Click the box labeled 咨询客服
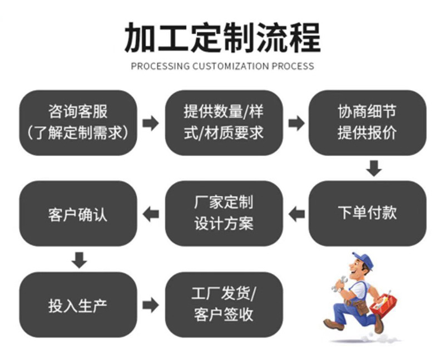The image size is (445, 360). (x=78, y=122)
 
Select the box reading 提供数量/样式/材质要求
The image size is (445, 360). (x=224, y=122)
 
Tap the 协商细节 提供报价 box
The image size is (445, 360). (x=367, y=122)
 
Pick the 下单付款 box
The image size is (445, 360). (x=367, y=213)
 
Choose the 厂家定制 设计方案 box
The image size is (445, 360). (x=224, y=213)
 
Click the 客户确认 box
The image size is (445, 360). (x=78, y=213)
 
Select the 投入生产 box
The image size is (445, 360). (x=78, y=305)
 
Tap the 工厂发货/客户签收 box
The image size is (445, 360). (x=224, y=305)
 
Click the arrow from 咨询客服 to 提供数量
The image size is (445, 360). (x=151, y=123)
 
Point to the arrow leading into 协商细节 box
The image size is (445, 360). (x=296, y=123)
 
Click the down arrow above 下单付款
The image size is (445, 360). (x=374, y=169)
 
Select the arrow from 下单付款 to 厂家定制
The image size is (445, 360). (x=296, y=214)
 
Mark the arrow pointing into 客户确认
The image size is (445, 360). (x=151, y=214)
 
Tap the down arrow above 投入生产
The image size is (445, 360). (x=79, y=260)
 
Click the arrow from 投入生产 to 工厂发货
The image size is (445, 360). (x=151, y=305)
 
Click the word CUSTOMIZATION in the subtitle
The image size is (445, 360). (x=230, y=66)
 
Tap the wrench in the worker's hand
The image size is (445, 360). (x=339, y=284)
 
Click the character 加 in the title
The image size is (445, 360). (x=141, y=38)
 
